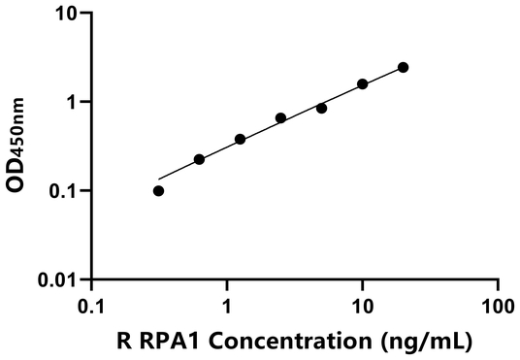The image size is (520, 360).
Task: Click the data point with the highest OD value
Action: [403, 67]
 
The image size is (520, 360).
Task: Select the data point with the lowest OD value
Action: [158, 190]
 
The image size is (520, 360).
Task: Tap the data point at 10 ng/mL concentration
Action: [363, 84]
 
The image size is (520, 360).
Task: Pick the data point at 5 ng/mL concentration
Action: [321, 108]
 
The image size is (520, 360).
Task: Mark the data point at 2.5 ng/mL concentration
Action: [280, 118]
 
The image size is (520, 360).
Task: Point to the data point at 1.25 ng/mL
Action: [240, 139]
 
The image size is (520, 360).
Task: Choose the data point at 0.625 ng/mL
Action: [199, 159]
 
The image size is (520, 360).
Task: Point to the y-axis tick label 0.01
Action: [60, 280]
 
